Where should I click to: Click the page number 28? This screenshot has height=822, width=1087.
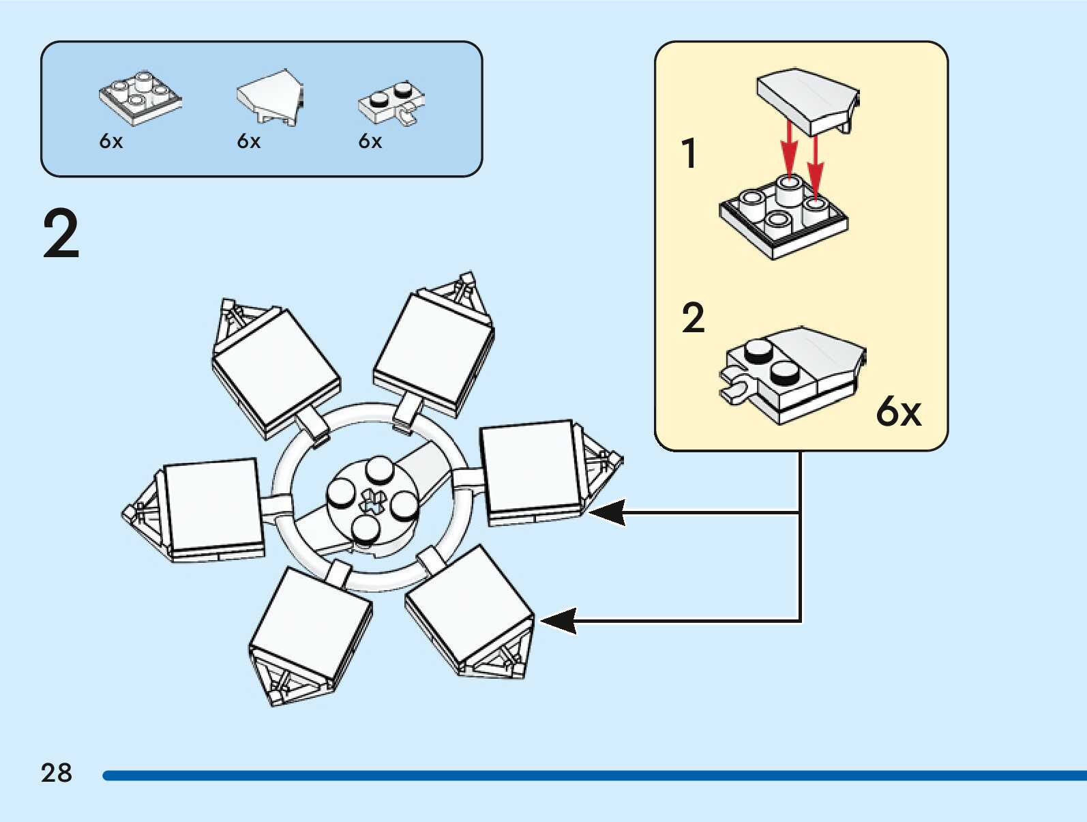coord(56,773)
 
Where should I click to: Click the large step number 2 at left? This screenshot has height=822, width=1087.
coord(61,234)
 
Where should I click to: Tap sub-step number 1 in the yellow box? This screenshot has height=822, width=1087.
coord(689,153)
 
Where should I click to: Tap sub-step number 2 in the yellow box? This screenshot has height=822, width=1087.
coord(693,318)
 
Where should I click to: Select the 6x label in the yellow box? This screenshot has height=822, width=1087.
coord(898,411)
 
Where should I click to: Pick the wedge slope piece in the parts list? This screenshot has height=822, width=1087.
coord(270,96)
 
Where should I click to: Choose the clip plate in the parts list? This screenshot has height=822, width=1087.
coord(391,103)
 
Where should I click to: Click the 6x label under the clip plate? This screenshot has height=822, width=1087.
coord(370,141)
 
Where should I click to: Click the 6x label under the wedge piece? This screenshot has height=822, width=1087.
coord(249,141)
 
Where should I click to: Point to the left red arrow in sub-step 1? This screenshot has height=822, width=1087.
coord(789,147)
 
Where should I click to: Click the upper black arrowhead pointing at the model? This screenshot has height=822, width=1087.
coord(608,512)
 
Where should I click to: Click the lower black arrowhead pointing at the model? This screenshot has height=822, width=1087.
coord(559,621)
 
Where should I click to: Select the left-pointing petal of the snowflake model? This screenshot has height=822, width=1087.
coord(198,508)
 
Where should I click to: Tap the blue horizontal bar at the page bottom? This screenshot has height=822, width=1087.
coord(593,776)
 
